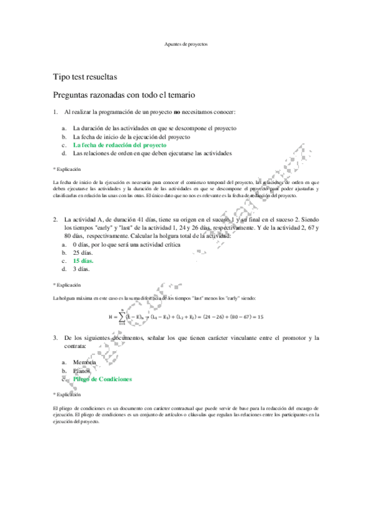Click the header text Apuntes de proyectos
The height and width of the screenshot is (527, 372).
click(x=186, y=45)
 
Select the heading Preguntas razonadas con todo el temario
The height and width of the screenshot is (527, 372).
click(x=124, y=95)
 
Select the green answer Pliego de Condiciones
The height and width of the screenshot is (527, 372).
click(x=102, y=378)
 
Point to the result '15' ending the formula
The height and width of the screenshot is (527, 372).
click(x=260, y=316)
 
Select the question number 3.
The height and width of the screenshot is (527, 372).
click(x=56, y=337)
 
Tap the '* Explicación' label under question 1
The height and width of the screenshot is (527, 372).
click(x=68, y=168)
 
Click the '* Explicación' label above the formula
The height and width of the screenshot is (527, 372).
click(x=68, y=285)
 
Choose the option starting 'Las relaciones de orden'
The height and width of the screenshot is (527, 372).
click(x=152, y=152)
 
